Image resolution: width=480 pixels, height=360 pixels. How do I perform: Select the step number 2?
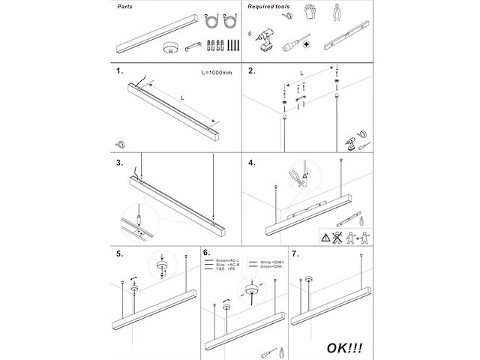click(x=252, y=73)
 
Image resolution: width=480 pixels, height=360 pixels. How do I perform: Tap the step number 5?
click(x=120, y=253)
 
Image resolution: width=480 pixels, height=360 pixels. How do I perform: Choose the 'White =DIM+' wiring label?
click(x=271, y=259)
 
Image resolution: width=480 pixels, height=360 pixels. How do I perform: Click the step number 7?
click(x=295, y=253)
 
